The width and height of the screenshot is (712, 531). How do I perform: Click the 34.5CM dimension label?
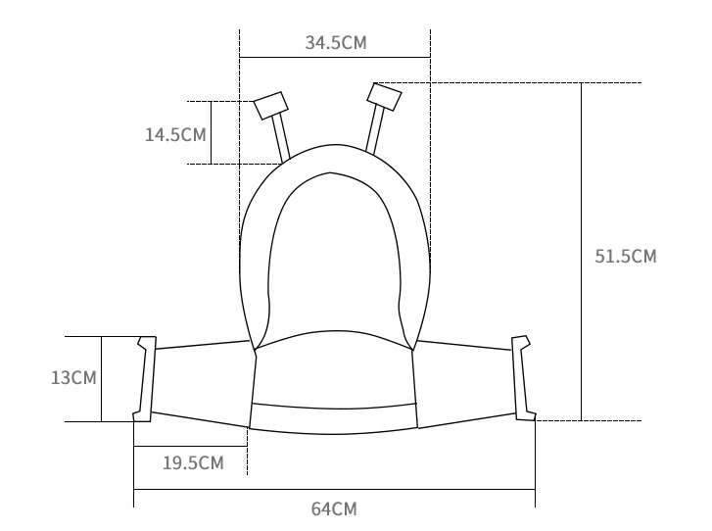(336, 43)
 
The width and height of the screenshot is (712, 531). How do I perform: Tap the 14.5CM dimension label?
(175, 135)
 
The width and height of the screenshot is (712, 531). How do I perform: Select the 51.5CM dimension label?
(626, 256)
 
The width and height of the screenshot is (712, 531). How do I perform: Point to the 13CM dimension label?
(73, 378)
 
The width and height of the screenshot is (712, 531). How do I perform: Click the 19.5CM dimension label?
(194, 462)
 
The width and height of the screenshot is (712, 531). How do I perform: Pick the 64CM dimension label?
(334, 508)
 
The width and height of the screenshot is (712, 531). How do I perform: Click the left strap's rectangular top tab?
(271, 106)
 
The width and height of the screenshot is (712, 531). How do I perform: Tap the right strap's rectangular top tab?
(384, 97)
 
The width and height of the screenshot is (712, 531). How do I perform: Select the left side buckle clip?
(145, 379)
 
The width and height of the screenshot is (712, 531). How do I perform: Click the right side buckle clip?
(524, 378)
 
